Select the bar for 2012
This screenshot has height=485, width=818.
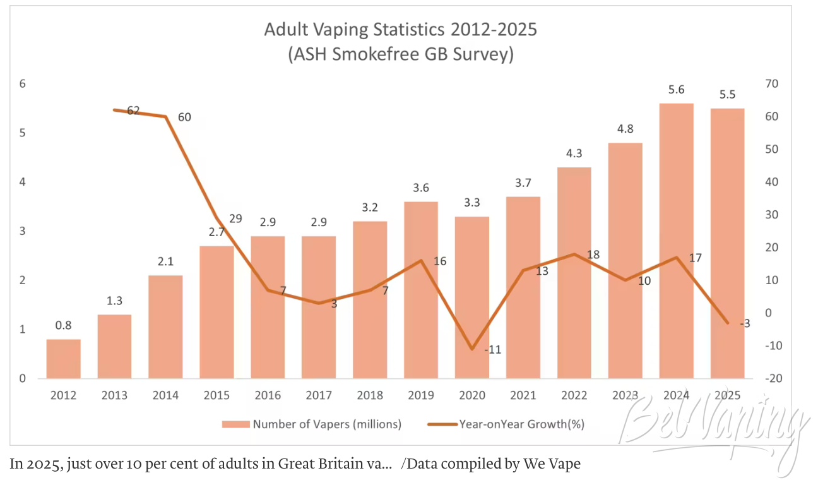64,359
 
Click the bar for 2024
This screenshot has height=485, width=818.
677,241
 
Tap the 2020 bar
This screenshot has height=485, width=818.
472,297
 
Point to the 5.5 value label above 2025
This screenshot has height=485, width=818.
728,95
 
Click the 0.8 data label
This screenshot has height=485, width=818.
64,325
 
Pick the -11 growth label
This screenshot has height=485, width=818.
492,350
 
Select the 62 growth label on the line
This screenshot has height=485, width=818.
133,110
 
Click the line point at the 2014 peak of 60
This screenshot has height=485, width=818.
165,117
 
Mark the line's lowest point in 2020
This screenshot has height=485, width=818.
472,349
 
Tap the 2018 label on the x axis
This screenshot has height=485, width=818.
370,395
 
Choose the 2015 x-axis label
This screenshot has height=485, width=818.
216,395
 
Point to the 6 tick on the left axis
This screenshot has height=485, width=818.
23,84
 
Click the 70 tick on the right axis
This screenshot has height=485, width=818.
772,84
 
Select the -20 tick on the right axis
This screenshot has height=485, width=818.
774,378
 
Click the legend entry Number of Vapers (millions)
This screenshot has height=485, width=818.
312,424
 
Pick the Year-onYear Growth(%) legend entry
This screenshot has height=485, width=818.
506,424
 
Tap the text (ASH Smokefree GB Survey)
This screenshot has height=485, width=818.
401,54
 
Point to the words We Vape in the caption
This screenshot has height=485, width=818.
552,464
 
